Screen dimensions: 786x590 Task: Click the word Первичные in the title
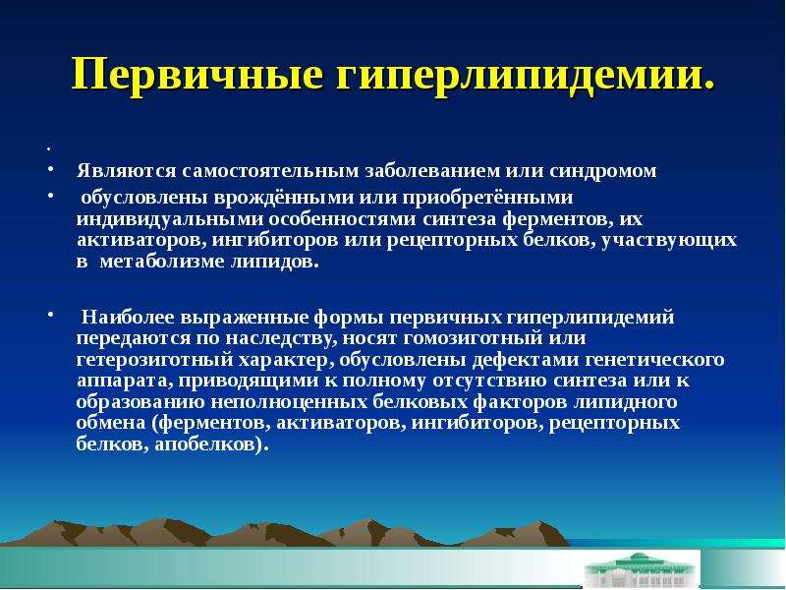(x=197, y=75)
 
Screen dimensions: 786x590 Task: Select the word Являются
(x=127, y=171)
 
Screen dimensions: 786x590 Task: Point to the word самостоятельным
(x=271, y=171)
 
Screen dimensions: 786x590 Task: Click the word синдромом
(x=602, y=172)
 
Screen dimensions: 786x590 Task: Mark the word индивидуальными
(x=170, y=220)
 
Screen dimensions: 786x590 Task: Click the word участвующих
(x=669, y=241)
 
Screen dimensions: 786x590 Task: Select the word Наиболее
(x=129, y=318)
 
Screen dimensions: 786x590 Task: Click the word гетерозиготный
(x=155, y=360)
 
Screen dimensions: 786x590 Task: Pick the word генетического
(x=654, y=360)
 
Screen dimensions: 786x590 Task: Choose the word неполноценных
(x=289, y=402)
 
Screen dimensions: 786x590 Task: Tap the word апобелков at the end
(x=207, y=444)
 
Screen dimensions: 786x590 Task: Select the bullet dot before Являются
(x=50, y=169)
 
